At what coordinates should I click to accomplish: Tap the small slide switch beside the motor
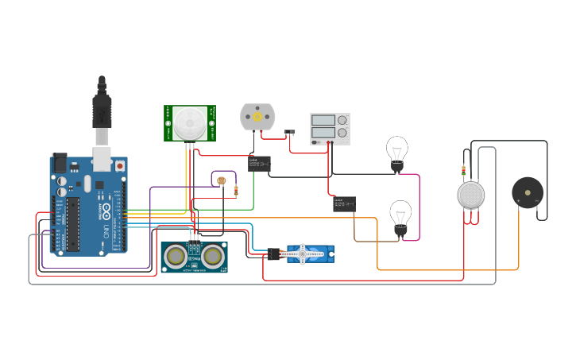290,132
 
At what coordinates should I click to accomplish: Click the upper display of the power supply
323,120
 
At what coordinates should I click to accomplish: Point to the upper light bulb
397,150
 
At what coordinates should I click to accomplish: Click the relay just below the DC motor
258,164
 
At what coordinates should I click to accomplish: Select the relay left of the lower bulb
344,204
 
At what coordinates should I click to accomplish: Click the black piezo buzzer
527,192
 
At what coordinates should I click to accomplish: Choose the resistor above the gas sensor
464,171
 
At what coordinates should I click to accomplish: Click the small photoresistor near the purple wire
220,181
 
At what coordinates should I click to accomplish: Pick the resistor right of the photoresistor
237,190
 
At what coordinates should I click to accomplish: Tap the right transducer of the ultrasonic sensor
213,256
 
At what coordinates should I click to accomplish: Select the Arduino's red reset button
120,166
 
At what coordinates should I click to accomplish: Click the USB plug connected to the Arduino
102,111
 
